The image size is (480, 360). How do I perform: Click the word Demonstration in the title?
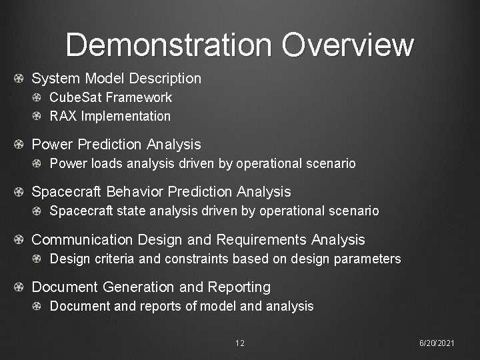(x=169, y=45)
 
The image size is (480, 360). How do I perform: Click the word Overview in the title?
(x=347, y=45)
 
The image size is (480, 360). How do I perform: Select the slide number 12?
(x=240, y=343)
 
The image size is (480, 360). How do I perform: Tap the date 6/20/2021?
(x=437, y=343)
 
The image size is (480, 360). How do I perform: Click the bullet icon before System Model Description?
(x=20, y=79)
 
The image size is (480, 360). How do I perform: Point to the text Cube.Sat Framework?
(x=111, y=97)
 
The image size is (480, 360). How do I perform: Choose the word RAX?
(x=64, y=116)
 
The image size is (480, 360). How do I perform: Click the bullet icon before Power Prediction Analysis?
(x=20, y=145)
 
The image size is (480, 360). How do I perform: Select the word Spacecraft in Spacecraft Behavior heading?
(x=64, y=192)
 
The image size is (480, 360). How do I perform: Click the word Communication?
(x=83, y=240)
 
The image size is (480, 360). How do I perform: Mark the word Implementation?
(x=126, y=116)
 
